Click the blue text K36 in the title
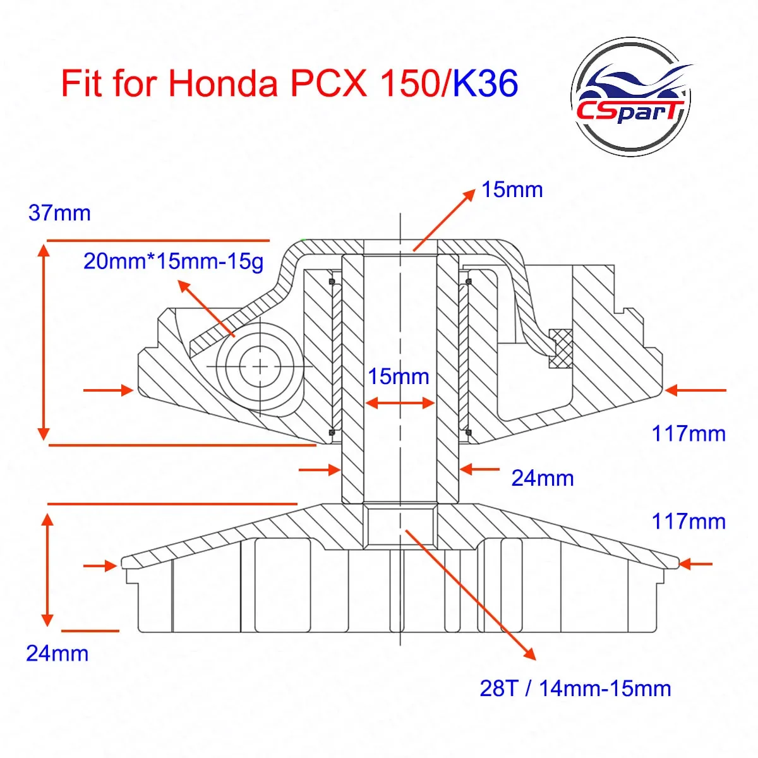pyautogui.click(x=485, y=83)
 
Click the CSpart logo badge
pyautogui.click(x=630, y=97)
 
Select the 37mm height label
pyautogui.click(x=59, y=214)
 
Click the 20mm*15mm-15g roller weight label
pyautogui.click(x=173, y=261)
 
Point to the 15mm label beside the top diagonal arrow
pyautogui.click(x=512, y=189)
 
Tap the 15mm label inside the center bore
pyautogui.click(x=399, y=376)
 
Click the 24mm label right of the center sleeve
pyautogui.click(x=542, y=478)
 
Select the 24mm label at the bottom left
pyautogui.click(x=57, y=653)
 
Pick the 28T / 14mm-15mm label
pyautogui.click(x=575, y=688)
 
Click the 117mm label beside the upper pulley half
pyautogui.click(x=689, y=433)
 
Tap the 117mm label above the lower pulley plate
pyautogui.click(x=689, y=521)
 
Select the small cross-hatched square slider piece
pyautogui.click(x=560, y=347)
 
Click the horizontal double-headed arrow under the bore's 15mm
pyautogui.click(x=400, y=402)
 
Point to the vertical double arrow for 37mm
pyautogui.click(x=44, y=341)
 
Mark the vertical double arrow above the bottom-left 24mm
pyautogui.click(x=47, y=568)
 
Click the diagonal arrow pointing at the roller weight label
pyautogui.click(x=205, y=307)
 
